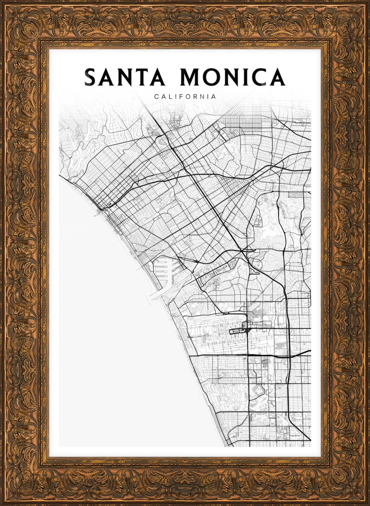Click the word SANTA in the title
pos(124,77)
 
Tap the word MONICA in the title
pos(232,77)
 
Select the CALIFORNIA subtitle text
pos(185,97)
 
